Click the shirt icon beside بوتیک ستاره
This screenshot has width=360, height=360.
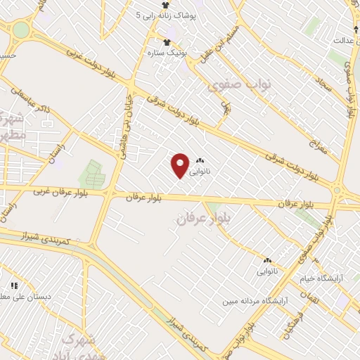(167, 41)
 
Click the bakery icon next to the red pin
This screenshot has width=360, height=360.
(200, 161)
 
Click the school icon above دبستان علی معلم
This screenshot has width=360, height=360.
(14, 285)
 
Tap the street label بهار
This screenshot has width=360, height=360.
(226, 106)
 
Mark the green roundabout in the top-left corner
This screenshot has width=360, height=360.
(21, 30)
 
